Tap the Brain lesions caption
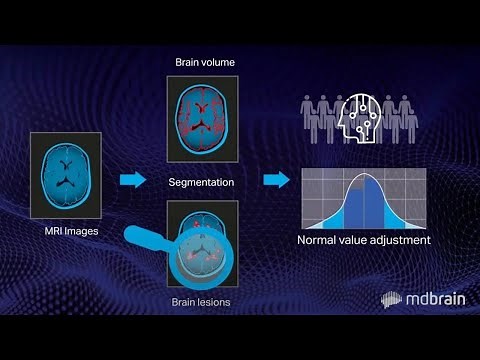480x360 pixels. (201, 299)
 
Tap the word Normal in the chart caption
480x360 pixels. (320, 241)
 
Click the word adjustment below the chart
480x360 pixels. (396, 241)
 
